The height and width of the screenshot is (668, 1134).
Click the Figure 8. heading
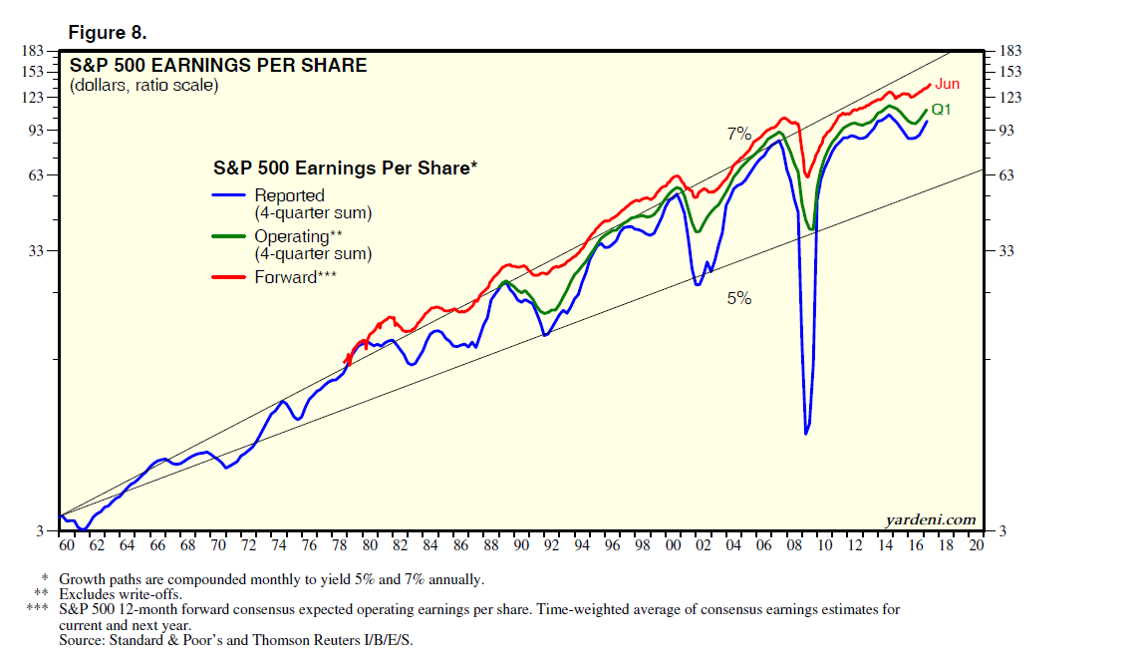point(107,33)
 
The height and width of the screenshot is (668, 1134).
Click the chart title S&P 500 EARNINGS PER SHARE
point(217,66)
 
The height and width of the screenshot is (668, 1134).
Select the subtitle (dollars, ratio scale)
point(143,86)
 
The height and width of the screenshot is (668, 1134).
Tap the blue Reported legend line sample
point(230,196)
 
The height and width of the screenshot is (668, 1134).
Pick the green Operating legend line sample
point(230,236)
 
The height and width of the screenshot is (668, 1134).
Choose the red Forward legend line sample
point(230,277)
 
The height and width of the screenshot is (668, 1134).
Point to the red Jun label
point(947,85)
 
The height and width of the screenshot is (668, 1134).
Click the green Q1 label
point(942,110)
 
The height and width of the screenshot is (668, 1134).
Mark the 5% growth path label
point(738,297)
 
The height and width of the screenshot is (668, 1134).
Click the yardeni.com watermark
point(930,519)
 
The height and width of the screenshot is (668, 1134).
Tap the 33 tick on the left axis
point(34,251)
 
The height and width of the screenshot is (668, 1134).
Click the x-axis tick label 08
point(794,545)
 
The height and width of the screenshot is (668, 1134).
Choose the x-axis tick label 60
point(67,545)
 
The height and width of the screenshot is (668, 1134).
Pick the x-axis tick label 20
point(976,545)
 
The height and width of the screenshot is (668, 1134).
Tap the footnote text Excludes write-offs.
point(121,593)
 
